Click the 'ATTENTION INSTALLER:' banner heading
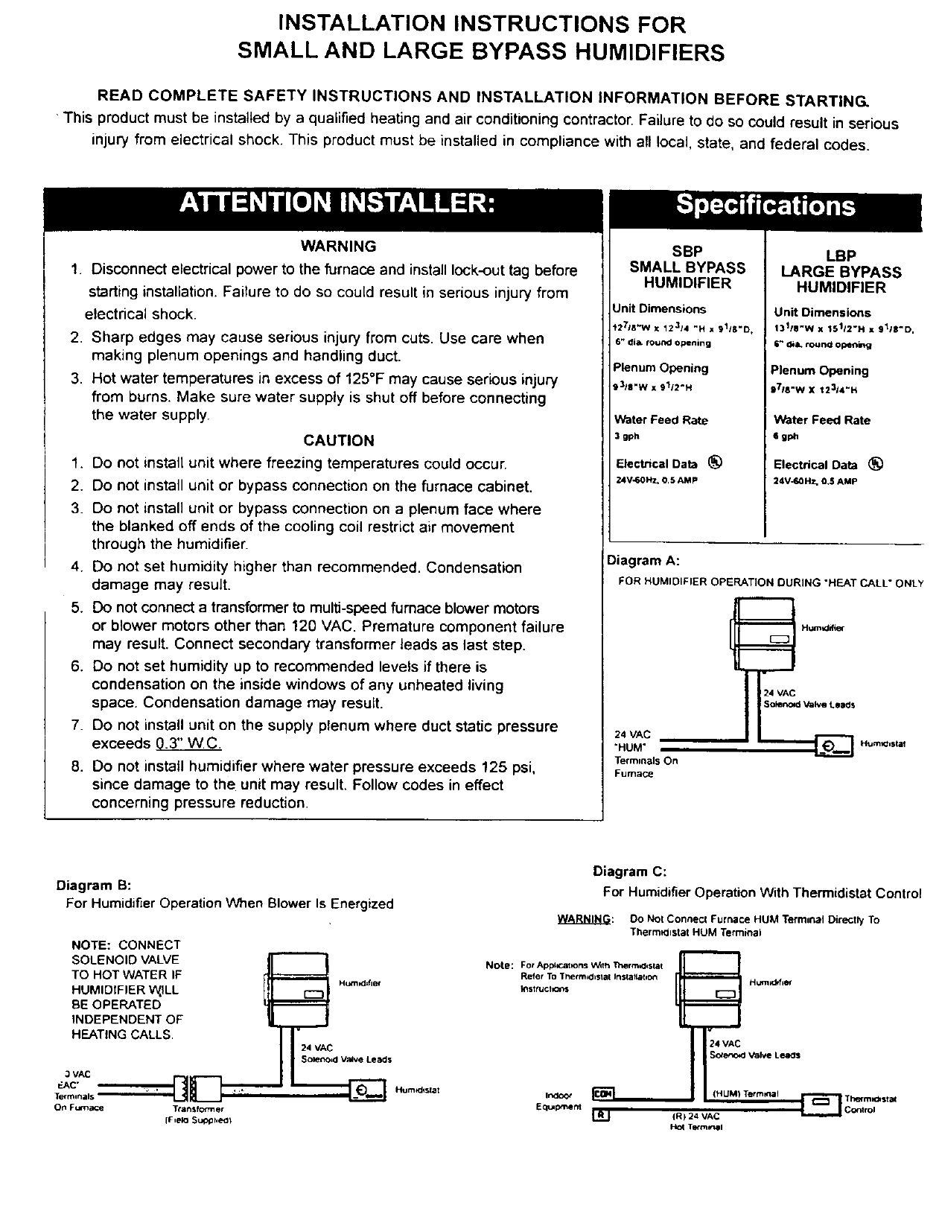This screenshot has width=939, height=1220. (337, 203)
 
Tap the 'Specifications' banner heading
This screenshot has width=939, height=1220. (766, 206)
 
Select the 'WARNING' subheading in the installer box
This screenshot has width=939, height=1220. (338, 247)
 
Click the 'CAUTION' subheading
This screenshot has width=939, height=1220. (339, 440)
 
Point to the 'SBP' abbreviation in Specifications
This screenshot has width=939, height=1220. (687, 252)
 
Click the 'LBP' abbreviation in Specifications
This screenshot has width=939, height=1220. (841, 255)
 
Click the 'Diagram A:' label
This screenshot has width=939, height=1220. (643, 560)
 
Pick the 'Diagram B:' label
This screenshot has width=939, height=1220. (94, 886)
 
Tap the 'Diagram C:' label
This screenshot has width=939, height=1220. (629, 871)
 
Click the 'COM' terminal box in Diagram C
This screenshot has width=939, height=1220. (601, 1093)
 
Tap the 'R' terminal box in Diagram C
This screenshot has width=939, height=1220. (600, 1116)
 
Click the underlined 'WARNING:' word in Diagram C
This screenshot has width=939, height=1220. (585, 920)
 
